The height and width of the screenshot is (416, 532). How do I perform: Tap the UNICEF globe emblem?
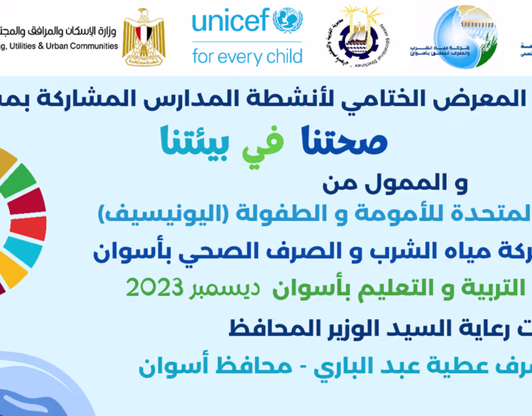[287, 20]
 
